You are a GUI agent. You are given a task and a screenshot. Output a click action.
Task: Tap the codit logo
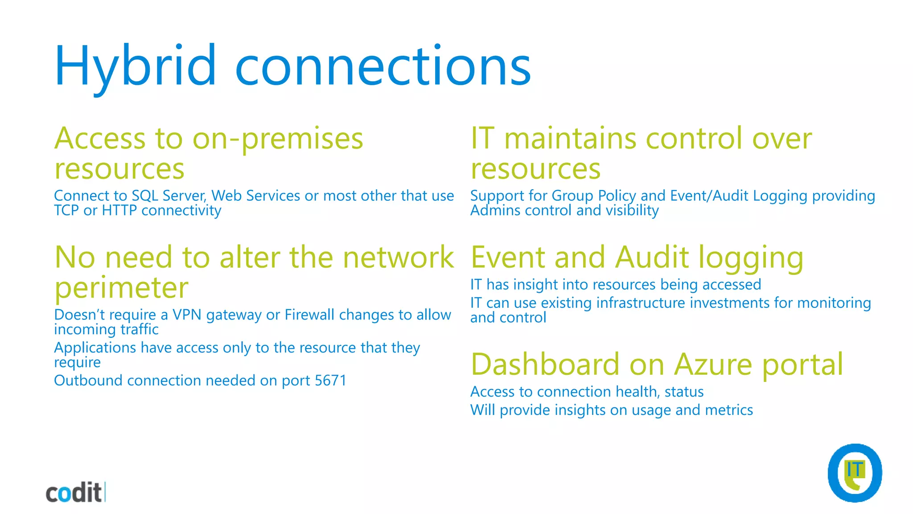74,493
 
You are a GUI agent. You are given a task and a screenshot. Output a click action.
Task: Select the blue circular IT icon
855,473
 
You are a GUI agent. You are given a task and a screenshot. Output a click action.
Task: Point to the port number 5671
330,381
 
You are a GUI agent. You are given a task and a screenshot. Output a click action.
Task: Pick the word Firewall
309,315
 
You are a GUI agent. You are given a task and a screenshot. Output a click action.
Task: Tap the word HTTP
119,211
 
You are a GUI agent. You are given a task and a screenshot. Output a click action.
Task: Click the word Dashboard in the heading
545,365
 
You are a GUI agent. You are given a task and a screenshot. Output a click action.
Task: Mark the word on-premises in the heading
278,139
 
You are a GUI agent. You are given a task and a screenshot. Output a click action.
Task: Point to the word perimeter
121,288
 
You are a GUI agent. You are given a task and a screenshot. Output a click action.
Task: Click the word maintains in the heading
570,138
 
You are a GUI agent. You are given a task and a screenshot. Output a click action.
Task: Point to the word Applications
95,348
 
